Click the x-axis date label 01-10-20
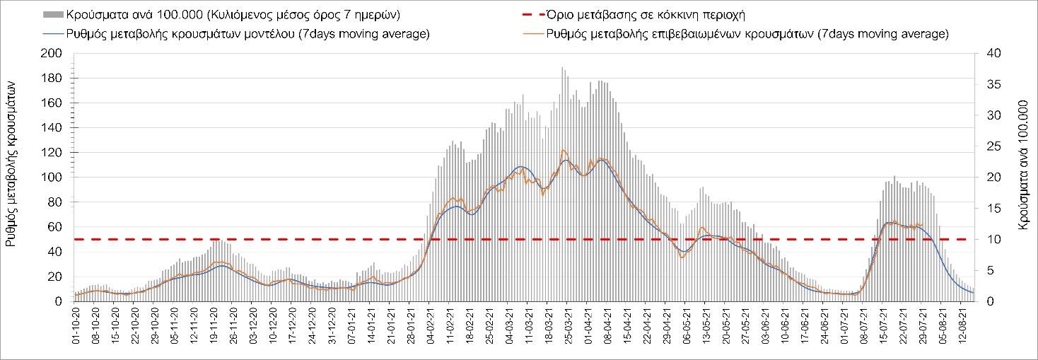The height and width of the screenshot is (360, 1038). [x=76, y=325]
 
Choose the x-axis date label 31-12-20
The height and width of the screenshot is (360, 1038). [x=332, y=325]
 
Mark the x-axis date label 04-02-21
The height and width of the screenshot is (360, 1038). [x=430, y=325]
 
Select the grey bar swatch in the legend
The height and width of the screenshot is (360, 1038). [x=52, y=14]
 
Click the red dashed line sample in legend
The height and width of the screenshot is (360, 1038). [x=531, y=14]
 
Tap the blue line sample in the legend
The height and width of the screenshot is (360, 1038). [x=52, y=34]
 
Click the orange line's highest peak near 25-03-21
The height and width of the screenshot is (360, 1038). [x=563, y=150]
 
